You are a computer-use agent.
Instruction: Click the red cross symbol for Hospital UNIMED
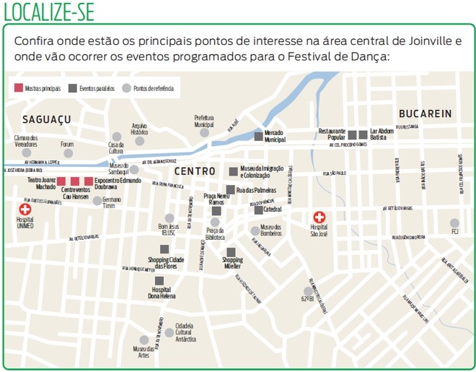pyautogui.click(x=25, y=209)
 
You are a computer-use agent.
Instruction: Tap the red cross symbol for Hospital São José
pyautogui.click(x=319, y=217)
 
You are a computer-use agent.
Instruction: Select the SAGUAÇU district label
pyautogui.click(x=47, y=118)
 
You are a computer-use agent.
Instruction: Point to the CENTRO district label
pyautogui.click(x=195, y=171)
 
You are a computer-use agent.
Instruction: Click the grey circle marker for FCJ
pyautogui.click(x=454, y=223)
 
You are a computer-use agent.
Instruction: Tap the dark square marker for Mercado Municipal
pyautogui.click(x=258, y=137)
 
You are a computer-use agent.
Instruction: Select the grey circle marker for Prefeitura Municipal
pyautogui.click(x=204, y=133)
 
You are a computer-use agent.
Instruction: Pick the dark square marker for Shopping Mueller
pyautogui.click(x=230, y=251)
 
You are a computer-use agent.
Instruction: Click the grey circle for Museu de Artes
pyautogui.click(x=144, y=339)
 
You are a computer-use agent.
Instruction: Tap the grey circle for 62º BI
pyautogui.click(x=307, y=290)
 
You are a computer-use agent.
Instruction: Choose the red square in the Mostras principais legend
pyautogui.click(x=19, y=88)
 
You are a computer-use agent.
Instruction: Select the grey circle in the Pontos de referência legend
pyautogui.click(x=127, y=88)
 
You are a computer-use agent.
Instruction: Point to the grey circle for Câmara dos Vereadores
pyautogui.click(x=27, y=152)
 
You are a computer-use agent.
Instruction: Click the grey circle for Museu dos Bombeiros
pyautogui.click(x=253, y=231)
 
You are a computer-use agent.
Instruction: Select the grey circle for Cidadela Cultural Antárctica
pyautogui.click(x=169, y=333)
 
